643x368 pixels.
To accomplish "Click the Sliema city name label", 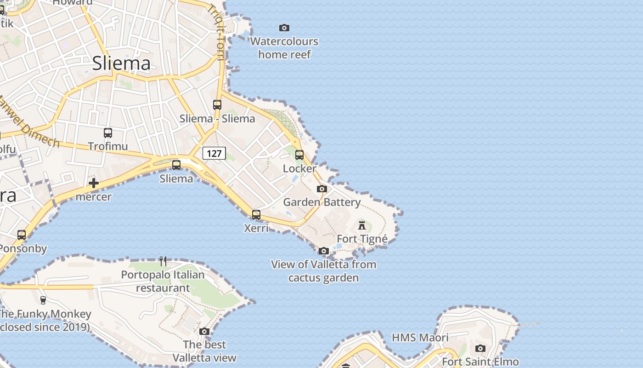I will click(121, 63).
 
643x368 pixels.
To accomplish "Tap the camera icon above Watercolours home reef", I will click(284, 28).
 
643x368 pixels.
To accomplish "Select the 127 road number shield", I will click(214, 153).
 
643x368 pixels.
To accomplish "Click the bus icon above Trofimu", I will click(108, 133).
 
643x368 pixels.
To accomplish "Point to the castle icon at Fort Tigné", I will click(362, 225).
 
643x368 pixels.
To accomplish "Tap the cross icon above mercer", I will click(94, 183).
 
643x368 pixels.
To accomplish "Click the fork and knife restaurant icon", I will click(163, 261).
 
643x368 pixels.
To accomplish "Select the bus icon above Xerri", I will click(256, 214).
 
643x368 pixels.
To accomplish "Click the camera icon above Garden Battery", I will click(322, 189).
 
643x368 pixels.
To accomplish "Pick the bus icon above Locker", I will click(299, 155).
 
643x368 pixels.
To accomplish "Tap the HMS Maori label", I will click(420, 338).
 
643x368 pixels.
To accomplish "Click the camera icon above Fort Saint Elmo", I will click(480, 348).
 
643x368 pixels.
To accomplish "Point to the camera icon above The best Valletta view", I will click(204, 331).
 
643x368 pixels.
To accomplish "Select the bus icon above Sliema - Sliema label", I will click(217, 105).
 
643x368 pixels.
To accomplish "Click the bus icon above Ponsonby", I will click(22, 235).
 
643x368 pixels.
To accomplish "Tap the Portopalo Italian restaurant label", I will click(163, 282).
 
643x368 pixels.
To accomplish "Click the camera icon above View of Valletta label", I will click(324, 251).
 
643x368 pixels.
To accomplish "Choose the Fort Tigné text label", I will click(362, 239).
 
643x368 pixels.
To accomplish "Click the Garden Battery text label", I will click(321, 202).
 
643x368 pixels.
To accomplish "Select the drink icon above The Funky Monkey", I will click(43, 300).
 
